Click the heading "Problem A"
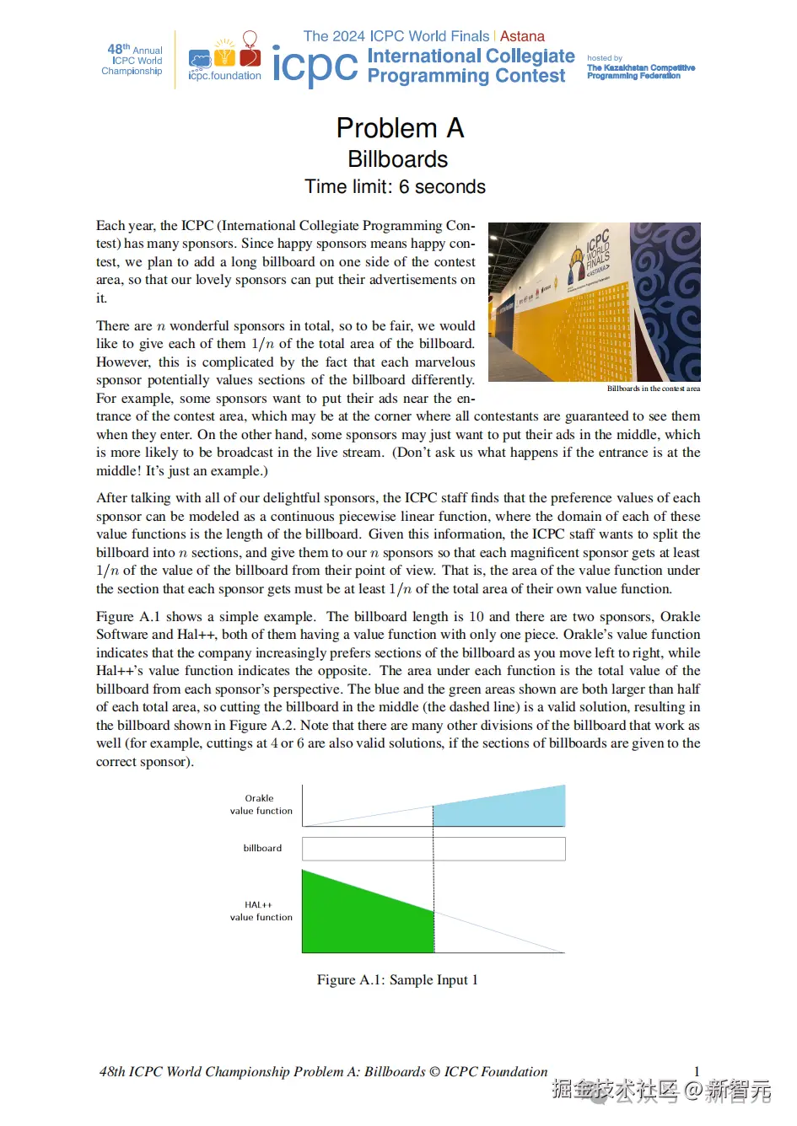400,128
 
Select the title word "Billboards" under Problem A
397,159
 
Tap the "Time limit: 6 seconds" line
395,187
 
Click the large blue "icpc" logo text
315,66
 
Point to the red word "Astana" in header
522,36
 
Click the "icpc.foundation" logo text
224,76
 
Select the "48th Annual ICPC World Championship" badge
132,60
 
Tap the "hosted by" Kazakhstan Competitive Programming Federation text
640,67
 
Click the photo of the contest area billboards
594,302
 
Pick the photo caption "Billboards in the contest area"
653,389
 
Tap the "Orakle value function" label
261,805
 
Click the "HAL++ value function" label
261,911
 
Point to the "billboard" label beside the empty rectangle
262,848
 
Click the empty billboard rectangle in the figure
433,849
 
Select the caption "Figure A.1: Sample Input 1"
397,979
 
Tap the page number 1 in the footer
697,1071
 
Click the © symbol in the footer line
434,1072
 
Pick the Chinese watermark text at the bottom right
661,1090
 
